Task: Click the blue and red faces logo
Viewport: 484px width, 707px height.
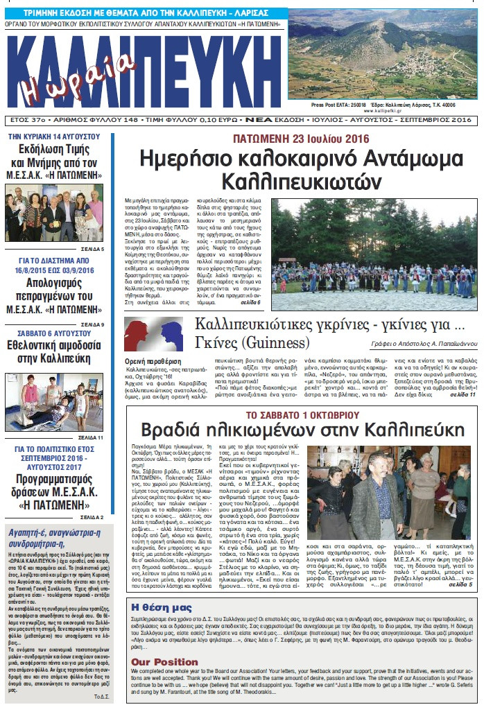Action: tap(154, 335)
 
